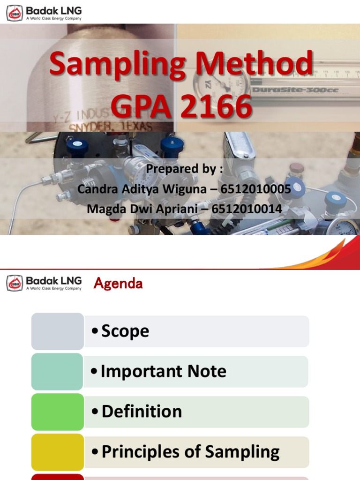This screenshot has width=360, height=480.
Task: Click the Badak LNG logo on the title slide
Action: [44, 12]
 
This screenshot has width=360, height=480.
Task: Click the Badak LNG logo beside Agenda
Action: [44, 283]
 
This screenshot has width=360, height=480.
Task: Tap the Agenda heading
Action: [118, 283]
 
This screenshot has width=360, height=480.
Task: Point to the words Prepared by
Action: [184, 169]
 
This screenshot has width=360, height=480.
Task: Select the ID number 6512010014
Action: [247, 209]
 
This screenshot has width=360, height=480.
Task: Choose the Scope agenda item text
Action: [125, 331]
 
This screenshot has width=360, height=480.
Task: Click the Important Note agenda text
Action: [164, 371]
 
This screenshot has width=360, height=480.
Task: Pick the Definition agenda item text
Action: [142, 412]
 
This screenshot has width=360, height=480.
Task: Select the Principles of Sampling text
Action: [190, 452]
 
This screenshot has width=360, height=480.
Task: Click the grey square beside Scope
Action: [58, 331]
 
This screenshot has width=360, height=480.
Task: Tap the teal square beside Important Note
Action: [58, 371]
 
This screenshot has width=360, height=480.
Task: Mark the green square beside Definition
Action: [58, 412]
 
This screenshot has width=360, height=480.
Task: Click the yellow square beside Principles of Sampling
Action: [58, 452]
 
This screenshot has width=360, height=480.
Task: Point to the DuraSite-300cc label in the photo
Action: [295, 90]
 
